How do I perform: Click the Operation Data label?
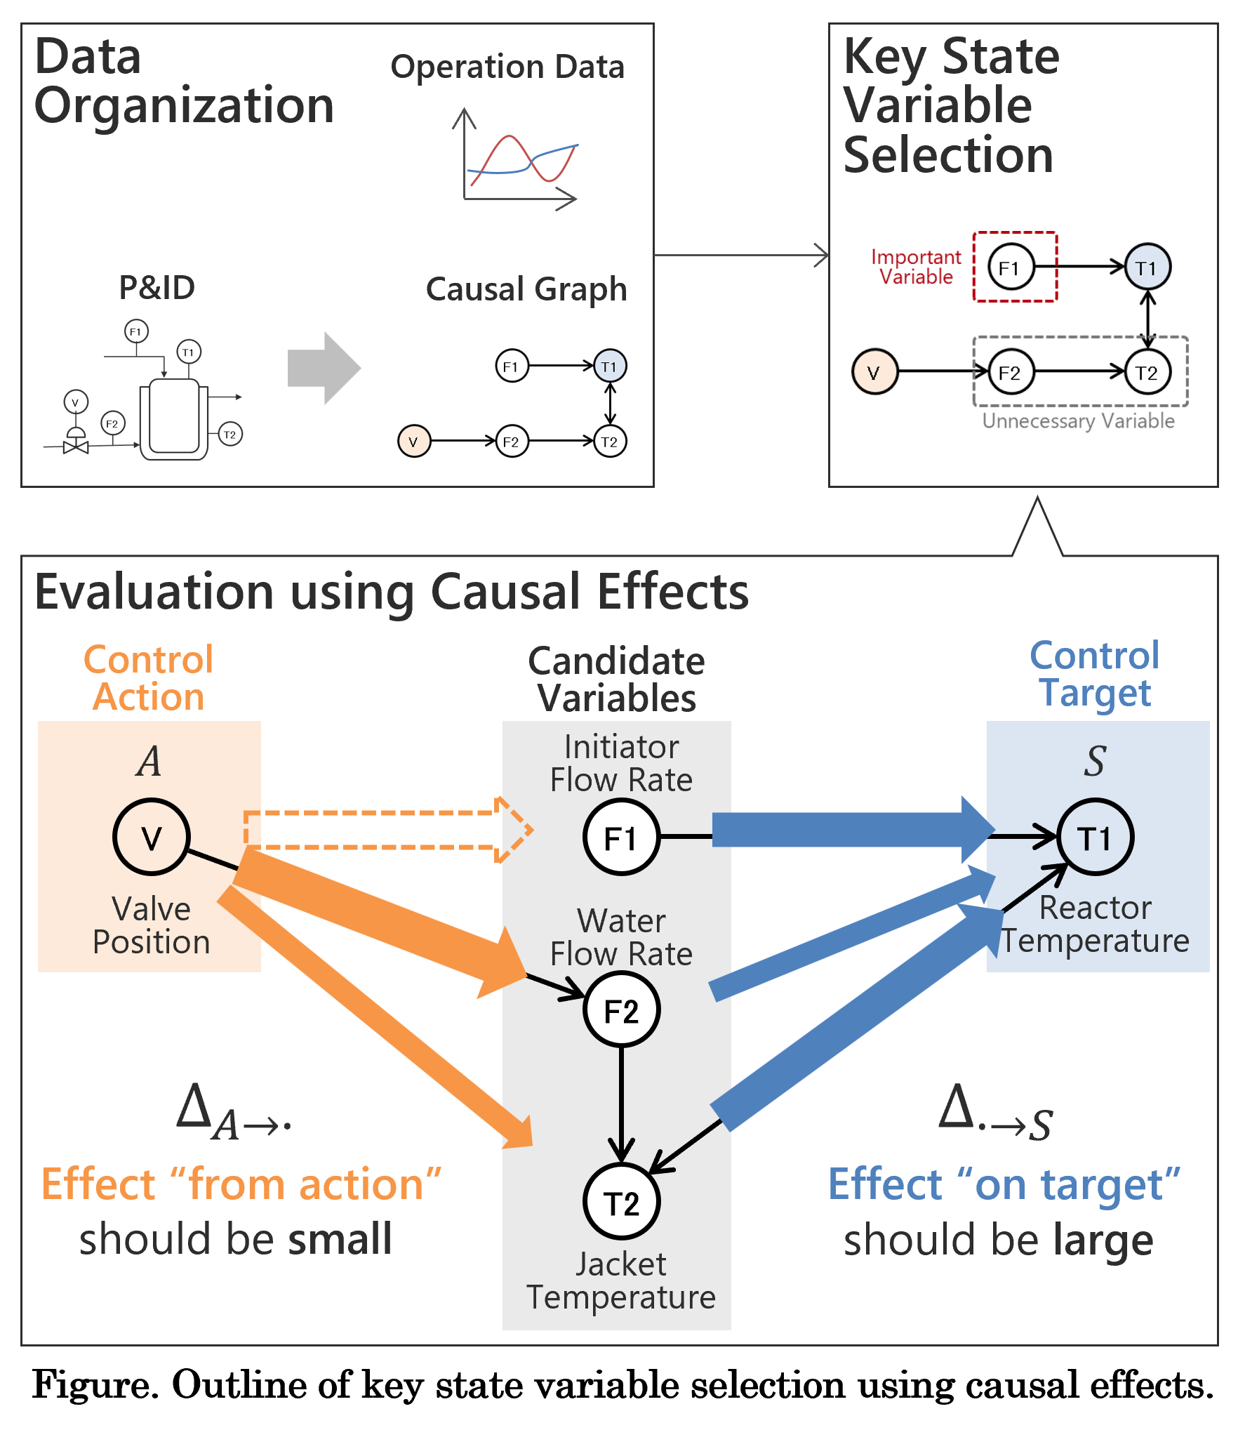coord(507,67)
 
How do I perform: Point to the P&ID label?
coord(157,288)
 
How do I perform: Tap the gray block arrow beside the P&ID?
coord(324,368)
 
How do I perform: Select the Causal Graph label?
coord(526,289)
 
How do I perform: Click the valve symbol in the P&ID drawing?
coord(76,446)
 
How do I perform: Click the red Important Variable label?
coord(916,267)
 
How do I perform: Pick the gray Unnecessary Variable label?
coord(1078,421)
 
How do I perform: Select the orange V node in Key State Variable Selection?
coord(874,372)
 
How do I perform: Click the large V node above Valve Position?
coord(151,837)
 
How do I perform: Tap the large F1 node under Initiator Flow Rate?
coord(621,838)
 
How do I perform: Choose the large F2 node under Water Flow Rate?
coord(621,1010)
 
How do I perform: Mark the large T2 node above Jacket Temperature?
coord(621,1202)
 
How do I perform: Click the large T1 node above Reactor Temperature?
coord(1095,838)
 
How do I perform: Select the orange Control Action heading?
coord(148,678)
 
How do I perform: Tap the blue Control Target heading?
coord(1095,674)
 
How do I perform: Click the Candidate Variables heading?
coord(616,680)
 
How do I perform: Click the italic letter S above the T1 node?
coord(1095,761)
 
